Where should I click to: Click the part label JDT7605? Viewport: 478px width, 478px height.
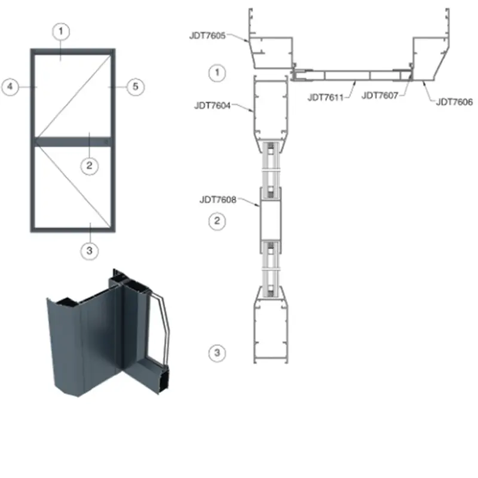[x=207, y=36]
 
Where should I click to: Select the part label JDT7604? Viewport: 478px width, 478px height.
[x=212, y=106]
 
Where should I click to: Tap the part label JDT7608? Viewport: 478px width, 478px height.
[x=217, y=200]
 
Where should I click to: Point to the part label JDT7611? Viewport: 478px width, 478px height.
[x=326, y=97]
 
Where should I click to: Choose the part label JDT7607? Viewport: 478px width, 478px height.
[x=380, y=96]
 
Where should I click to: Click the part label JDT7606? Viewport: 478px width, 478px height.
[x=454, y=102]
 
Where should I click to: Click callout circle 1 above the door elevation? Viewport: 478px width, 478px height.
[x=61, y=32]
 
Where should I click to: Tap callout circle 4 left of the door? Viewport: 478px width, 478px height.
[x=10, y=87]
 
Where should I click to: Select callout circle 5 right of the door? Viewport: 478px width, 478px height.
[x=136, y=87]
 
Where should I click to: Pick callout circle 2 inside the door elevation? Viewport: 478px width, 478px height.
[x=89, y=166]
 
